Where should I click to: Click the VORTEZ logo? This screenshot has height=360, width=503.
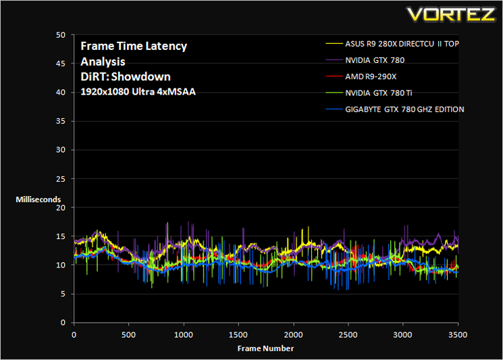tap(452, 14)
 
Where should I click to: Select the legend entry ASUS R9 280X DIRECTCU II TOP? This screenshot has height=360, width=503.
tap(402, 44)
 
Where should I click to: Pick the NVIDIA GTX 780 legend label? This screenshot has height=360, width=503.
tap(375, 60)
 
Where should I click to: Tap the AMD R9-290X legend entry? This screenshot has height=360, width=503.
tap(371, 77)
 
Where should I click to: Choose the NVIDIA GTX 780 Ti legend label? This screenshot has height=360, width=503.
tap(379, 93)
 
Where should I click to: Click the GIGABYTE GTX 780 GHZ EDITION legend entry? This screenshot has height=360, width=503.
tap(404, 109)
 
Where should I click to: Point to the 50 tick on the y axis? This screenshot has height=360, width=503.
tap(61, 35)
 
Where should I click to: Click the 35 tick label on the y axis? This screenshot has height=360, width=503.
tap(61, 121)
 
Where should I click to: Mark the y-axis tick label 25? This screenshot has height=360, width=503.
tap(61, 179)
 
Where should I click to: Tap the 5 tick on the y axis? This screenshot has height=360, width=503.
tap(63, 294)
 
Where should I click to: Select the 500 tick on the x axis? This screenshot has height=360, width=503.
tap(128, 334)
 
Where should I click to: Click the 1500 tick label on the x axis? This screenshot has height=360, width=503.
tap(238, 334)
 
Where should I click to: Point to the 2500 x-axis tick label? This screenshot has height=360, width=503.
tap(348, 334)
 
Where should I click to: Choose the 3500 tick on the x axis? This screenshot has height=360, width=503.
tap(458, 334)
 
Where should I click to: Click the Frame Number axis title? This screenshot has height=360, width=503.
tap(265, 349)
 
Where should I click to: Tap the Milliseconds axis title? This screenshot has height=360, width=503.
tap(38, 199)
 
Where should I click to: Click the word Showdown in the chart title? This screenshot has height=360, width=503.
tap(141, 77)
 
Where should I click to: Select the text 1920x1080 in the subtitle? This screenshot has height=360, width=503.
tap(105, 92)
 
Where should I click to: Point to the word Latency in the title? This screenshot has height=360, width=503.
tap(166, 47)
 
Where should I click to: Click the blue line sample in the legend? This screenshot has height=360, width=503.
tap(334, 109)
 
